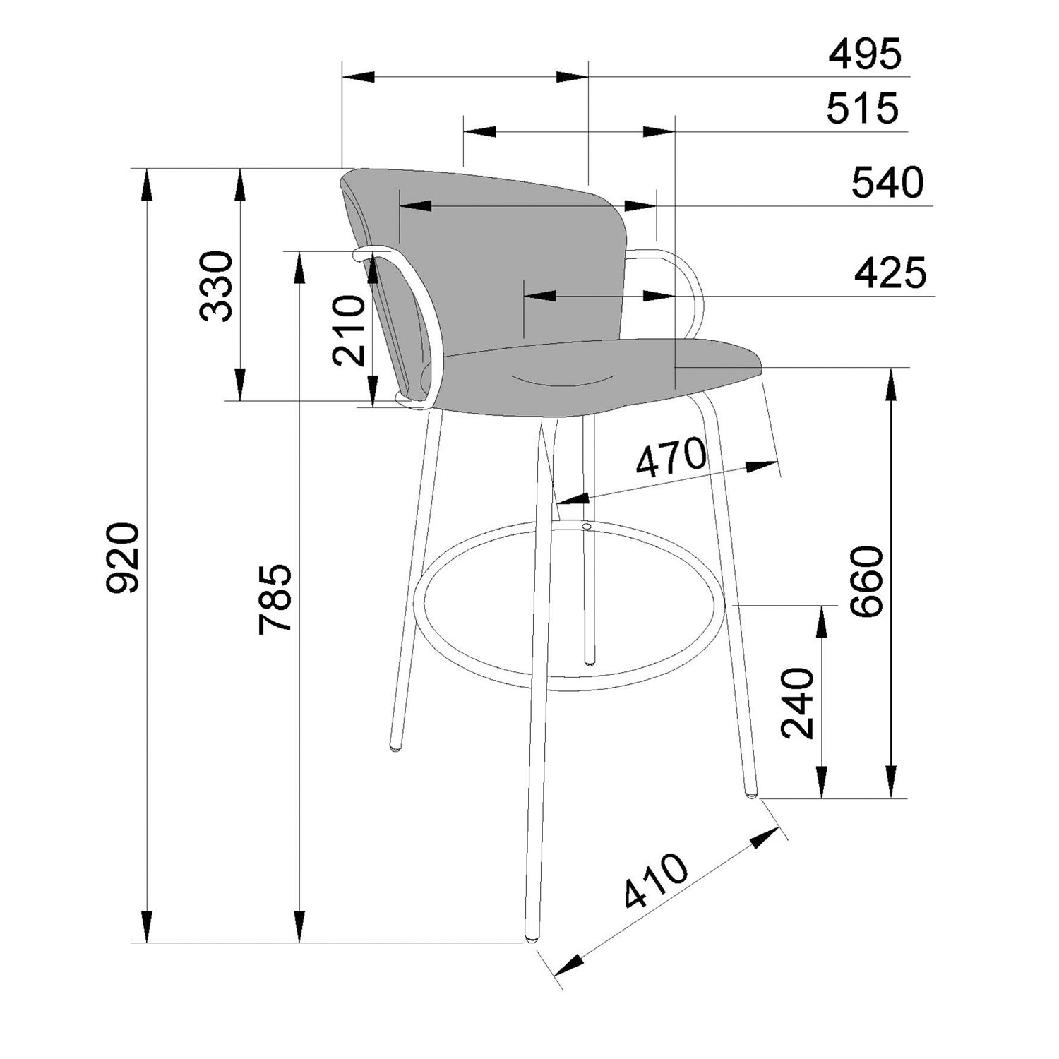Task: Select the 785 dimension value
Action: (x=275, y=599)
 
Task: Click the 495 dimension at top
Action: (x=865, y=54)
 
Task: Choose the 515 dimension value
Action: (x=863, y=109)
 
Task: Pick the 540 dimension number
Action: (x=887, y=182)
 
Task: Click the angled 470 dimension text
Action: (x=671, y=457)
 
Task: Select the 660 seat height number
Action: (x=866, y=581)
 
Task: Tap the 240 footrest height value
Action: (x=798, y=702)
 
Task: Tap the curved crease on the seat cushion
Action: (x=563, y=381)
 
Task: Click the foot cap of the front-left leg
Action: (x=529, y=939)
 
